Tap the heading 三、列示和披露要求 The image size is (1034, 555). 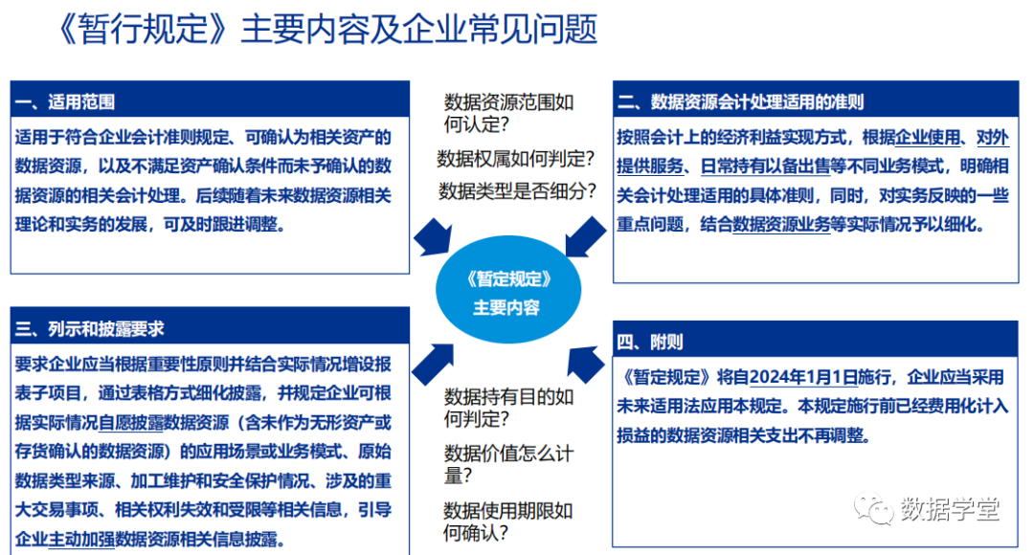tap(91, 328)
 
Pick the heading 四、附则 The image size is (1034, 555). tap(651, 342)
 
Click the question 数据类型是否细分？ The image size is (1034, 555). tap(517, 190)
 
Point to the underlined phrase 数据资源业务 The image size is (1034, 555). tap(781, 226)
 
